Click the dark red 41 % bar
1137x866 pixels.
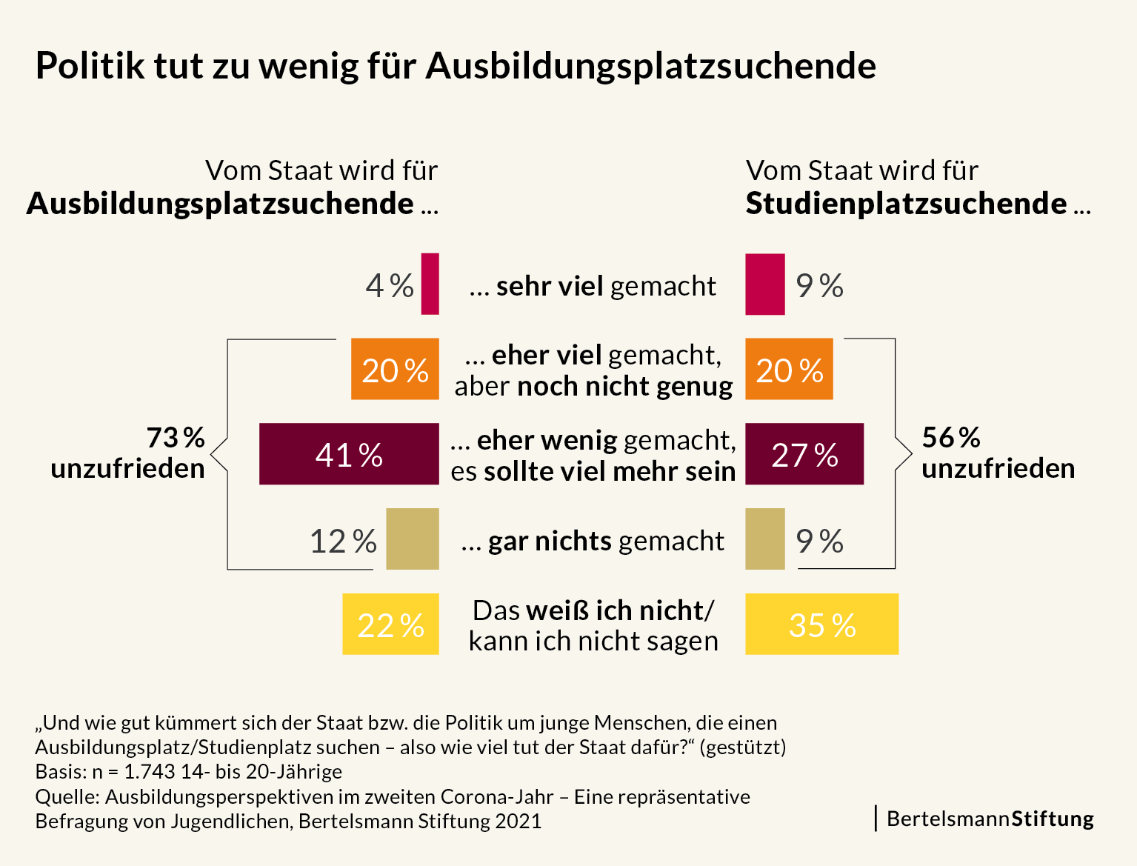[x=349, y=454]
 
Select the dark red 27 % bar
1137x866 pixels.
[x=804, y=454]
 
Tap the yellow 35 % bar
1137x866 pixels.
[x=821, y=624]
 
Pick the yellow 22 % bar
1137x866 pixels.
[x=390, y=624]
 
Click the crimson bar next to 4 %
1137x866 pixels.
[x=430, y=284]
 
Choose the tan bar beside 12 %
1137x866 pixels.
[x=413, y=539]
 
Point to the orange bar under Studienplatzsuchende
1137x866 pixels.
[x=789, y=369]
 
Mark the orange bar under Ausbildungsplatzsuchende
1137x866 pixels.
[x=395, y=369]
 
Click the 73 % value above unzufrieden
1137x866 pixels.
[x=176, y=438]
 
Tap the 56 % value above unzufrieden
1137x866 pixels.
[x=951, y=438]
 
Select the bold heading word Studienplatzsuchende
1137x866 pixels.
[x=906, y=204]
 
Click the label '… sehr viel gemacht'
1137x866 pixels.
[x=593, y=286]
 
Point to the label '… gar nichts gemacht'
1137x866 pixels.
[x=593, y=541]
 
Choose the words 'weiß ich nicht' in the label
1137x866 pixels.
[x=615, y=610]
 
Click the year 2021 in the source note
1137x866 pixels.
[x=519, y=822]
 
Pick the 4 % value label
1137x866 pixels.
[x=390, y=286]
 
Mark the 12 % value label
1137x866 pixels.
[x=343, y=542]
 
